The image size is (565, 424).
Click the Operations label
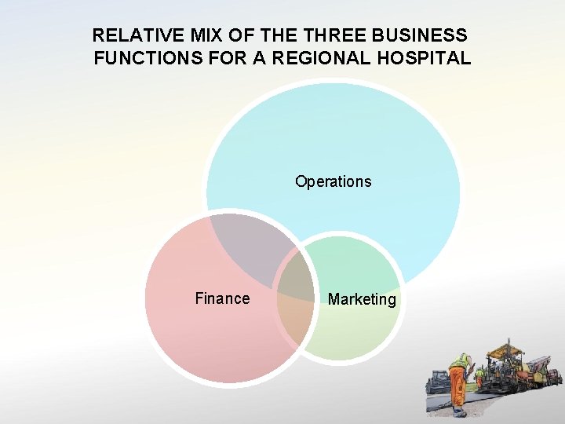pos(333,181)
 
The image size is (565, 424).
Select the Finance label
pos(222,298)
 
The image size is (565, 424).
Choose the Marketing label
pos(362,299)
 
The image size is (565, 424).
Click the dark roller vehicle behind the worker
pos(437,382)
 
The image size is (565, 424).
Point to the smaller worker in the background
pos(479,378)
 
